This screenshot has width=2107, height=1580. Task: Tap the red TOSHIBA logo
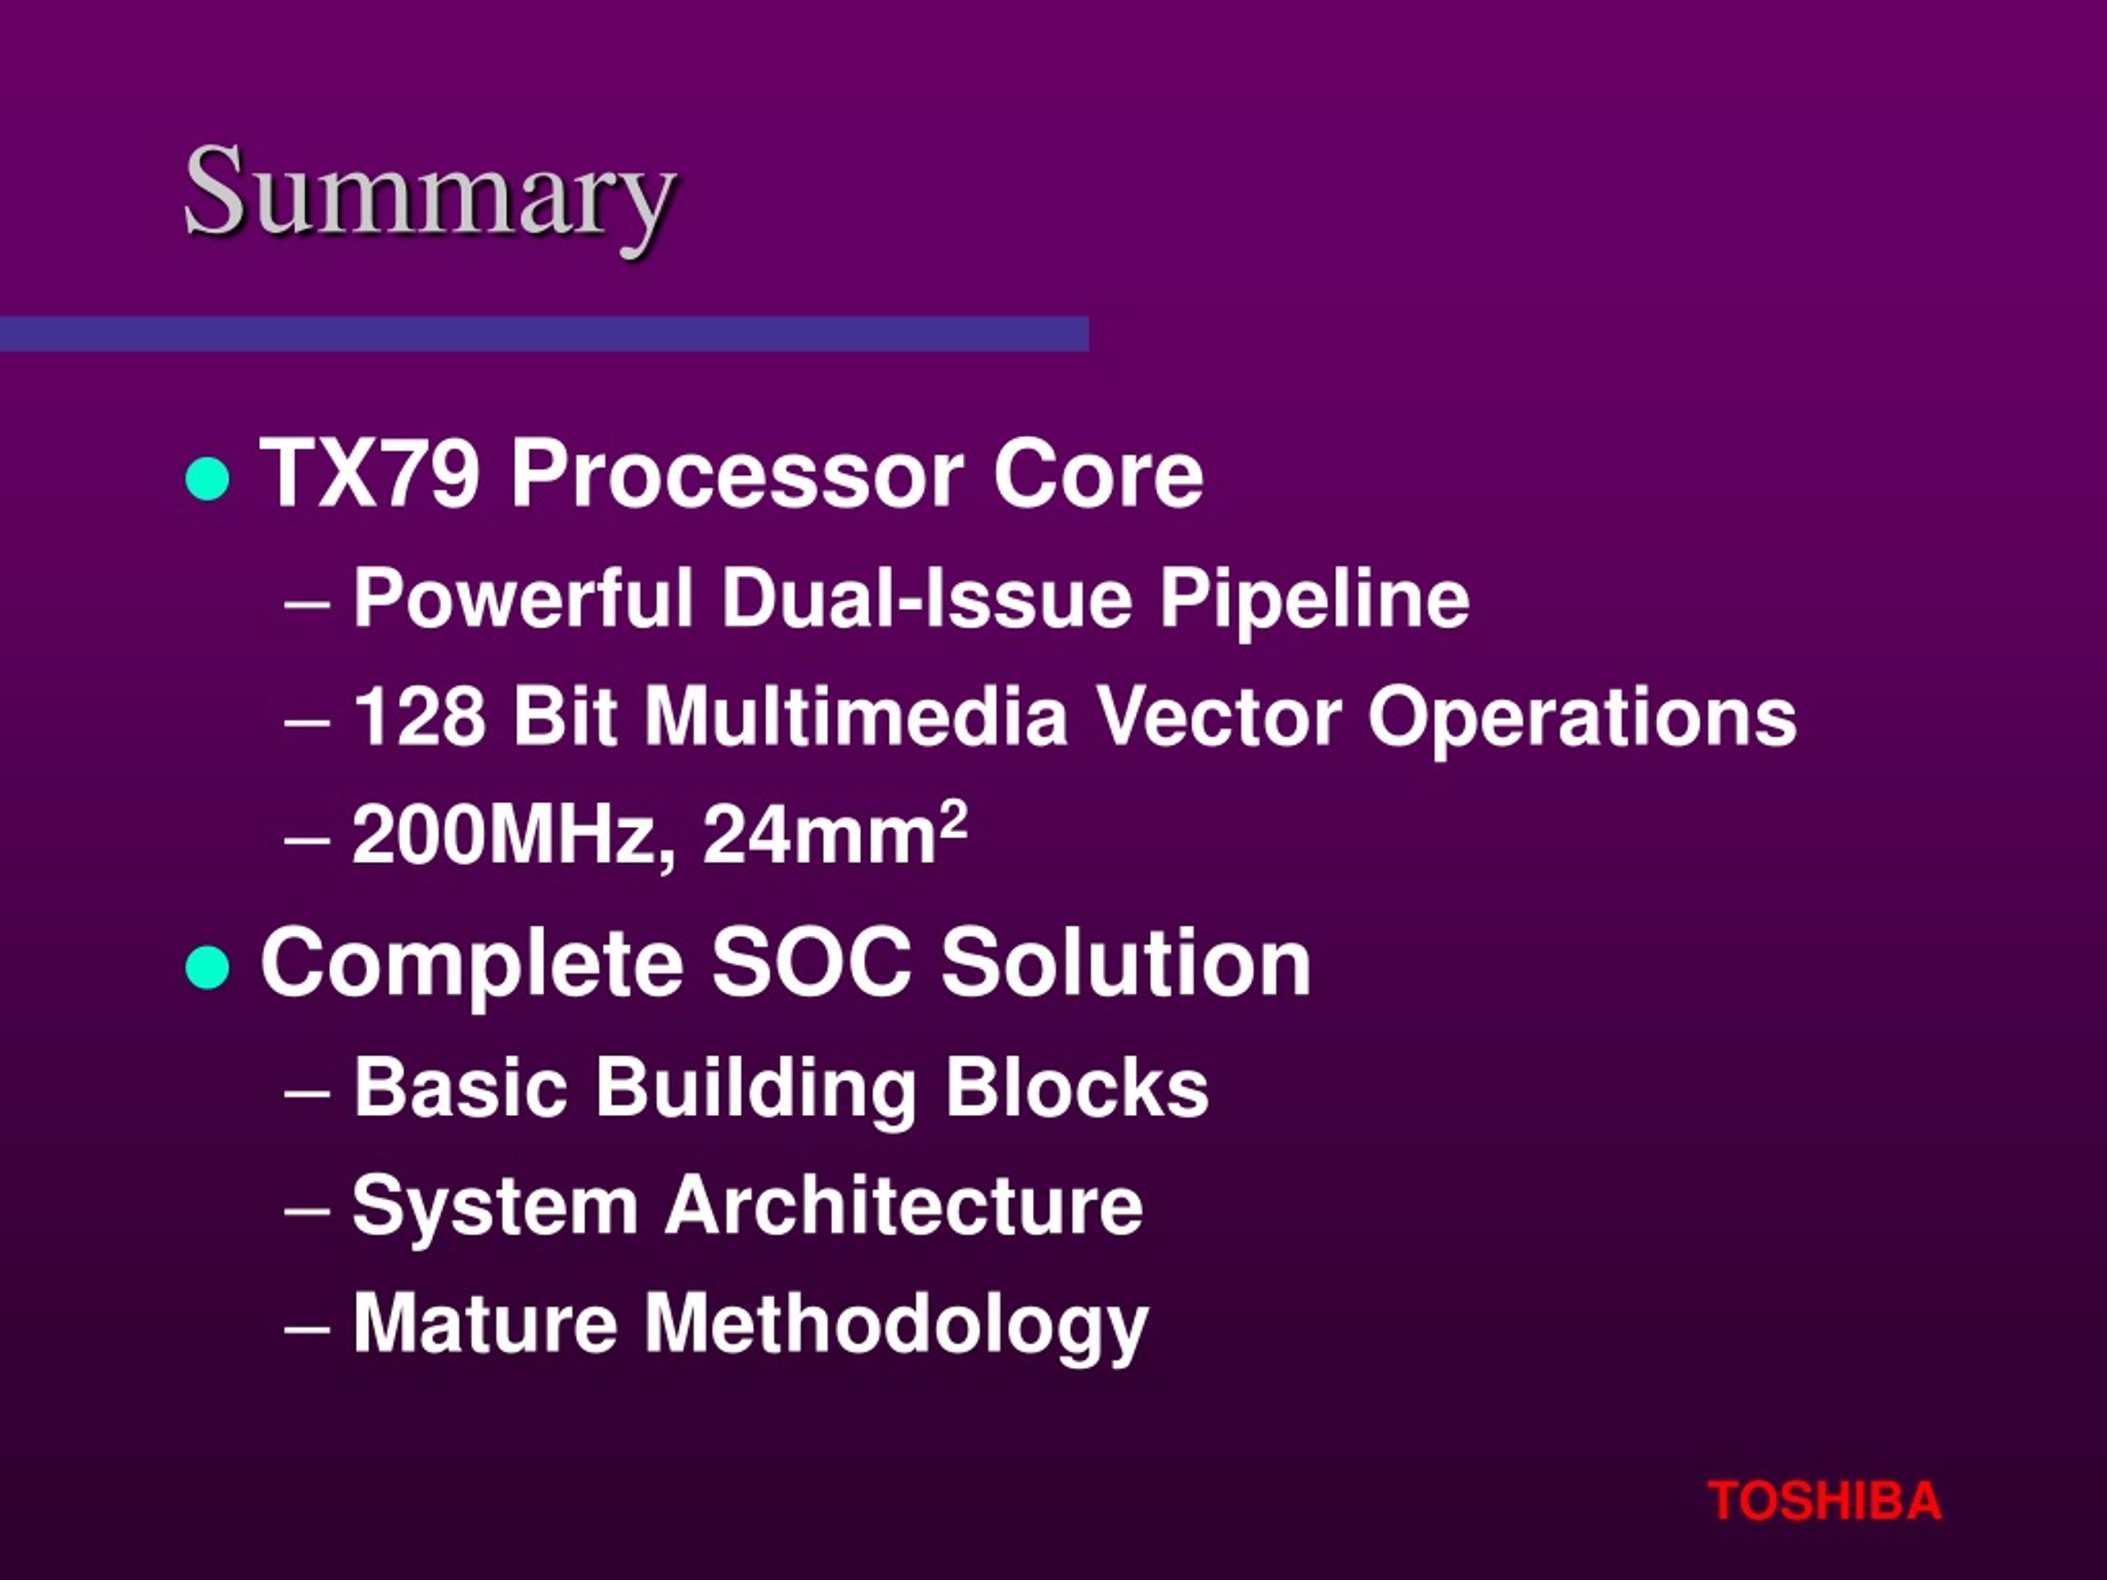pos(1824,1501)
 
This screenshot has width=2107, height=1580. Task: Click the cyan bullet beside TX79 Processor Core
pos(207,479)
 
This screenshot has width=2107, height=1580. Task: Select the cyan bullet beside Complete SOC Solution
pos(207,968)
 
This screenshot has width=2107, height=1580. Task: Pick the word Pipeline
pos(1314,601)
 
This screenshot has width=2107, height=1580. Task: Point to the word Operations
pos(1582,720)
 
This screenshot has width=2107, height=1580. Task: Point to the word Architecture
pos(904,1206)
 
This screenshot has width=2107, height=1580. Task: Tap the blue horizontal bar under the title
pos(544,333)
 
